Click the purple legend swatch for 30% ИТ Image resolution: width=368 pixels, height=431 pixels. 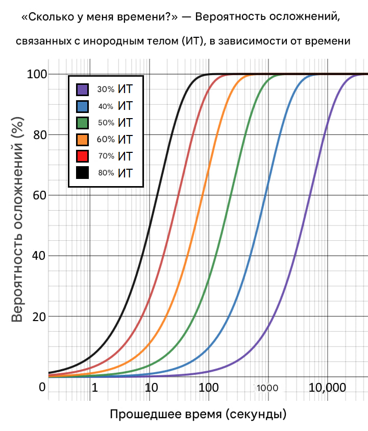click(x=82, y=89)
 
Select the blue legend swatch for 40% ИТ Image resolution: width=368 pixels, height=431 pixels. click(x=82, y=106)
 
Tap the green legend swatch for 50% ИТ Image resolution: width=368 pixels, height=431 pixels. click(x=82, y=123)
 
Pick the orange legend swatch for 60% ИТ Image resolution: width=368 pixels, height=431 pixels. click(x=82, y=140)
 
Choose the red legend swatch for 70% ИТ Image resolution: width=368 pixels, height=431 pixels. click(x=82, y=156)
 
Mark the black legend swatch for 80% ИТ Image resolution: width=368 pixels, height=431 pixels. click(x=82, y=173)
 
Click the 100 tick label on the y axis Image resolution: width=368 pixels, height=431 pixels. click(x=37, y=74)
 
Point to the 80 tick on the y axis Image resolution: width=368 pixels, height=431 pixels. click(x=40, y=135)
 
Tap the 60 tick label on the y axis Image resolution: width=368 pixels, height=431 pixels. click(x=40, y=195)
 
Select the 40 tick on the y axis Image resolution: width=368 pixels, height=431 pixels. click(x=40, y=256)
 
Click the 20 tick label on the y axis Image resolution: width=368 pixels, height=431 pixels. click(x=40, y=317)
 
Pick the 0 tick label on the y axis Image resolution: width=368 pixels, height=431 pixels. click(x=42, y=387)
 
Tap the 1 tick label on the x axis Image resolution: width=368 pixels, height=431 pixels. click(x=94, y=388)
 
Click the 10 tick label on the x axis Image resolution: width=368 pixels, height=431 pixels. click(x=151, y=388)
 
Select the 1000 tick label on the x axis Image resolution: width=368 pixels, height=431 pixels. click(x=267, y=388)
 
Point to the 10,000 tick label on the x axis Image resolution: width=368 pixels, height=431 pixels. click(x=327, y=388)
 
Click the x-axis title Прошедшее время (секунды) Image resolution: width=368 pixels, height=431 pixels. click(x=198, y=414)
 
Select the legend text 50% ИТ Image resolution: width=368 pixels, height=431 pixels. click(x=115, y=123)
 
